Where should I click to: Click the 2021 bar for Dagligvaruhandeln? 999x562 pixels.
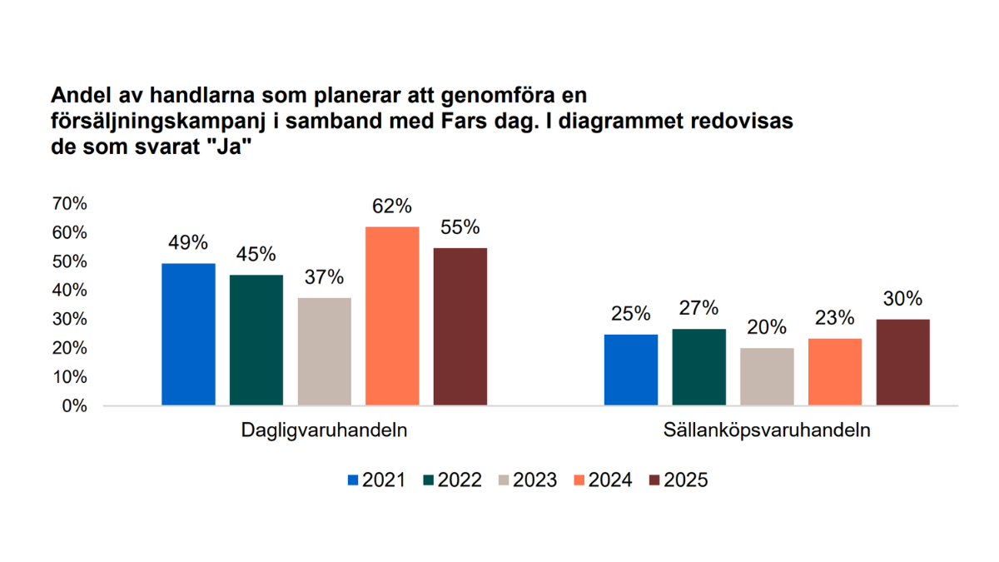click(188, 335)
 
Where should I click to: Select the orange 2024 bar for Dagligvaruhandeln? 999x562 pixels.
click(392, 316)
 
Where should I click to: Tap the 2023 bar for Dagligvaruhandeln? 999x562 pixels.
click(324, 352)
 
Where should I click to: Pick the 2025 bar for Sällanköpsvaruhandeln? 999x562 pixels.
click(902, 362)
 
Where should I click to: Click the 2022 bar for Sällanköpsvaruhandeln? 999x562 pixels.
click(698, 367)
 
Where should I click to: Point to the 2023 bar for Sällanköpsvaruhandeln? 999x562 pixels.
click(767, 377)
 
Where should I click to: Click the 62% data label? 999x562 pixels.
click(392, 206)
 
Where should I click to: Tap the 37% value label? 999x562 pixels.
click(324, 278)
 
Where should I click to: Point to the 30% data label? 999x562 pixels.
click(902, 299)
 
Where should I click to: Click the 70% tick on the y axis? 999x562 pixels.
click(69, 204)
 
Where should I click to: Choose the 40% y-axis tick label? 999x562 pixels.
click(69, 291)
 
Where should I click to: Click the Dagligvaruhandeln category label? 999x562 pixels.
click(324, 431)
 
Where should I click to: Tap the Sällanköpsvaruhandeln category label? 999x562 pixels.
click(767, 431)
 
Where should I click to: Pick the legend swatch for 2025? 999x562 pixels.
click(654, 480)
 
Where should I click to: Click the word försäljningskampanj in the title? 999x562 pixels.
click(157, 120)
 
